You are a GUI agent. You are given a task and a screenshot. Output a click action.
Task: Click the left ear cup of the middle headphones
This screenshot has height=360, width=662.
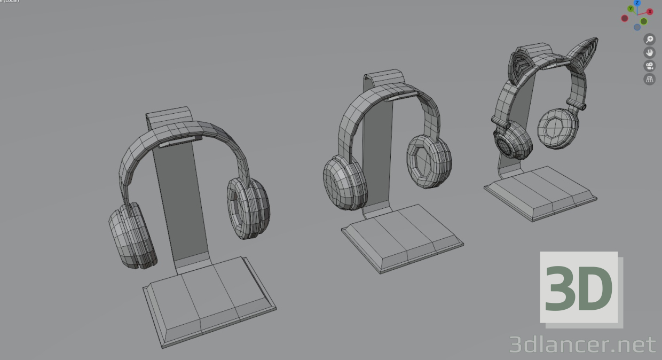click(346, 182)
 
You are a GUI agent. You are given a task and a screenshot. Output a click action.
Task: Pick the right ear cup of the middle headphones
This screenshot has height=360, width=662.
click(429, 161)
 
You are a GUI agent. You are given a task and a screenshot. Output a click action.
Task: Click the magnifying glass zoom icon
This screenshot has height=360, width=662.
click(650, 39)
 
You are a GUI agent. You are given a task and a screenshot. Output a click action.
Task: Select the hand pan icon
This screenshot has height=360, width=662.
click(650, 52)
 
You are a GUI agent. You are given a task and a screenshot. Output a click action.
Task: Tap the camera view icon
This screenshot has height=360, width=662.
click(650, 66)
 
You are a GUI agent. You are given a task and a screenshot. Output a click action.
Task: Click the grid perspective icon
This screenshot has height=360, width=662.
click(650, 80)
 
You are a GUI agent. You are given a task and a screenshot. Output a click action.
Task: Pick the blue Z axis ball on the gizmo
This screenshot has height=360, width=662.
click(637, 3)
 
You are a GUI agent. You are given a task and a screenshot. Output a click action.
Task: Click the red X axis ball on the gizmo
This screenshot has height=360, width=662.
click(650, 11)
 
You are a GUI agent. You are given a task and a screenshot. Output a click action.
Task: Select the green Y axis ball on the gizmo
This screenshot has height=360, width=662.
click(631, 9)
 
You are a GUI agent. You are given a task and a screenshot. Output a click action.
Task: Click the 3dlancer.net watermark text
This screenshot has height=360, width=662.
click(582, 345)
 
